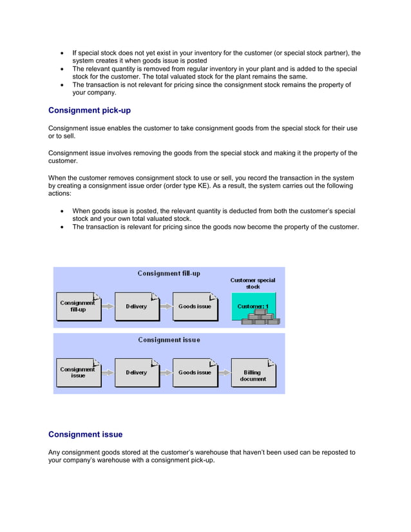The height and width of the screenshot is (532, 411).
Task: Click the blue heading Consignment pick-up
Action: (x=90, y=110)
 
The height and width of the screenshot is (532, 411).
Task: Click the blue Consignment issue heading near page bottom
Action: (x=85, y=434)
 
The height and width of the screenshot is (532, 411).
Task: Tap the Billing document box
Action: (x=253, y=373)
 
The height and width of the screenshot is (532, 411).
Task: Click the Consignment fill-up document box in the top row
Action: (x=78, y=307)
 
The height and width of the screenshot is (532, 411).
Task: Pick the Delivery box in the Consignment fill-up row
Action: (x=137, y=307)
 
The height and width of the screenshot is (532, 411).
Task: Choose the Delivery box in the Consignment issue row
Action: (x=137, y=373)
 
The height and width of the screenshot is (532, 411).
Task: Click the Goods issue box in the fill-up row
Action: (x=195, y=307)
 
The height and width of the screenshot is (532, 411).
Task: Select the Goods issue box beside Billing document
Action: (x=195, y=373)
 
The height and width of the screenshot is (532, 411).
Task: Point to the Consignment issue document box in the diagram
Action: (x=78, y=373)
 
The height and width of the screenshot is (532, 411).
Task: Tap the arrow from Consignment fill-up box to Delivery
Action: (x=108, y=307)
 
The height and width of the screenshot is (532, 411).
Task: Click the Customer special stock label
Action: (x=253, y=283)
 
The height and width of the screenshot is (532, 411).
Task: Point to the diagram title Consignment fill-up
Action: (x=169, y=273)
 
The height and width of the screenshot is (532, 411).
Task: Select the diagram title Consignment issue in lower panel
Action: (x=169, y=339)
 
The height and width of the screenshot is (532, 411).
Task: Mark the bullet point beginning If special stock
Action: (x=61, y=53)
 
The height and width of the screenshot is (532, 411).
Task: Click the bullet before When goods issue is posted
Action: (x=61, y=211)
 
